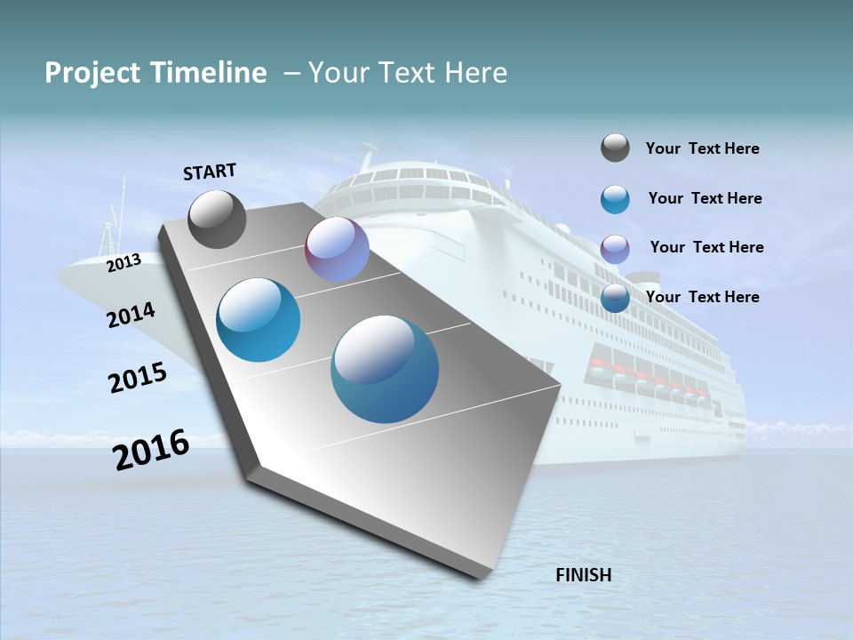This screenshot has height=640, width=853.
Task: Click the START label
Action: pyautogui.click(x=210, y=172)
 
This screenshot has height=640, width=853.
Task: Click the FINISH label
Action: pyautogui.click(x=583, y=575)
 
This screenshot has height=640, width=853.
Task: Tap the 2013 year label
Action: pyautogui.click(x=124, y=263)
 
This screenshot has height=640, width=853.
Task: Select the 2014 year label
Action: pyautogui.click(x=131, y=316)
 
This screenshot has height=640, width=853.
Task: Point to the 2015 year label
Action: pyautogui.click(x=138, y=378)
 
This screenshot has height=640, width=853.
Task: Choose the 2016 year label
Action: pyautogui.click(x=151, y=450)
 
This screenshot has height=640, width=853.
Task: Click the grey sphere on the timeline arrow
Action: pyautogui.click(x=218, y=220)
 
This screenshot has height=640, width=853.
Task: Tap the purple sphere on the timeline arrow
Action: pyautogui.click(x=337, y=249)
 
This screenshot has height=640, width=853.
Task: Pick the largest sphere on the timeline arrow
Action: pyautogui.click(x=385, y=369)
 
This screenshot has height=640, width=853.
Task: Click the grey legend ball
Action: pyautogui.click(x=615, y=148)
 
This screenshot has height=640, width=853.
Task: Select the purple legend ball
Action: pyautogui.click(x=615, y=249)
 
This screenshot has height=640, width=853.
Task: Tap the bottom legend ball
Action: pyautogui.click(x=615, y=298)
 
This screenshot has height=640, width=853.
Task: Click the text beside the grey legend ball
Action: pyautogui.click(x=702, y=148)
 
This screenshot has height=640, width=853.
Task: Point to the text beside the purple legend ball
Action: pyautogui.click(x=706, y=247)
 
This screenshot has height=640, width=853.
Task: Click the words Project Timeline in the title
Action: pyautogui.click(x=155, y=73)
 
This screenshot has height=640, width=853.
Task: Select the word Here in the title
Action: pyautogui.click(x=474, y=73)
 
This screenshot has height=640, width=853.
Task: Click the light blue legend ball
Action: pyautogui.click(x=615, y=199)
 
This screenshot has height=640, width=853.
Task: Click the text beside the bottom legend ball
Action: pyautogui.click(x=702, y=297)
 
